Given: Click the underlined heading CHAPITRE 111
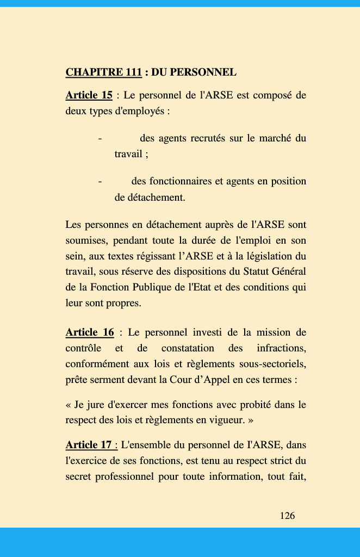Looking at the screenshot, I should (x=103, y=72).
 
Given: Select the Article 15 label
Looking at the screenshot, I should (x=89, y=96).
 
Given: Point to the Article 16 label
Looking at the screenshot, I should (x=90, y=332).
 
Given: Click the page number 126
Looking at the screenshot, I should (x=287, y=516).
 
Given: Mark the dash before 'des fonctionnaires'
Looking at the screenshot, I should (x=100, y=181).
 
